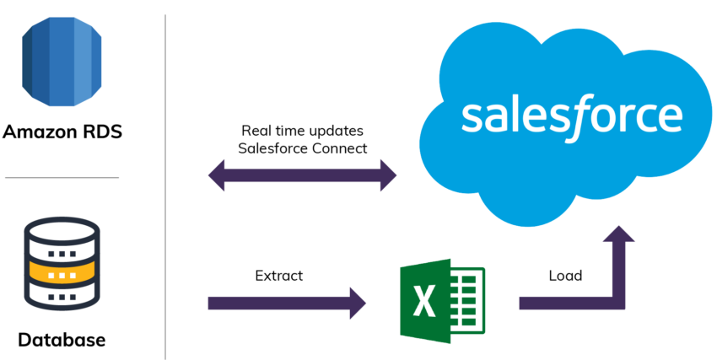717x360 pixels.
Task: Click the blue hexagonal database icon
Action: pos(61,57)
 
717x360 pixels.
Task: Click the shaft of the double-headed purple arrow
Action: pos(302,175)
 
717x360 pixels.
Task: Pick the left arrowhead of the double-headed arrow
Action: pos(218,175)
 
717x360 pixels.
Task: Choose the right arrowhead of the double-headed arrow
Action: pos(388,175)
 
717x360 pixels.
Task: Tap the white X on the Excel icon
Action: pos(423,300)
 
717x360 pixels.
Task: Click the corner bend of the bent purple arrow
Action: pos(623,303)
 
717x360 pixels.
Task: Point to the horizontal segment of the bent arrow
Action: pos(565,303)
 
